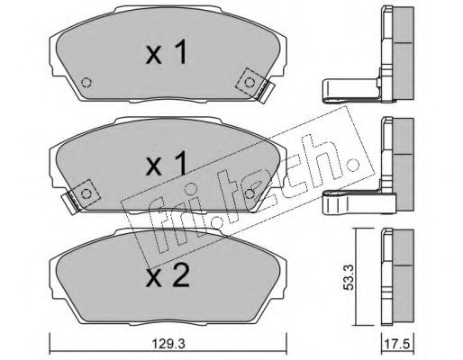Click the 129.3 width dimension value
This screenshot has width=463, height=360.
click(x=168, y=344)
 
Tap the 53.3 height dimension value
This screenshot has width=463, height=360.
click(x=348, y=277)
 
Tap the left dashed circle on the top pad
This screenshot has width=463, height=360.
click(x=86, y=82)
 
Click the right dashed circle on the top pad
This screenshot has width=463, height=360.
click(x=250, y=82)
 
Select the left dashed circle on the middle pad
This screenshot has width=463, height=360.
click(x=86, y=193)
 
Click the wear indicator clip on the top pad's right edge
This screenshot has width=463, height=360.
click(x=266, y=92)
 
